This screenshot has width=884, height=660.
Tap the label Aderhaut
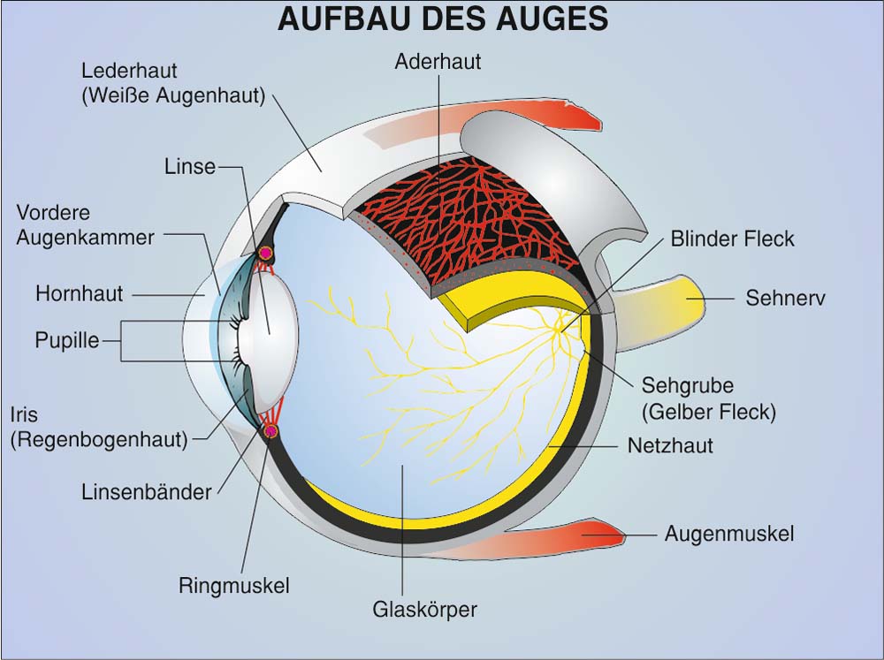click(x=438, y=63)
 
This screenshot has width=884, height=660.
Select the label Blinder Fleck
click(x=732, y=239)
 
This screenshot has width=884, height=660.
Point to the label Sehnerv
click(x=785, y=298)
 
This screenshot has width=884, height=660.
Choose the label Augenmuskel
click(x=728, y=534)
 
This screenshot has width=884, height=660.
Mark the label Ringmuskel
click(x=234, y=585)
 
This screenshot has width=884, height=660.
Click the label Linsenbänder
click(x=146, y=492)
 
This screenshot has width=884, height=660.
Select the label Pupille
click(x=67, y=340)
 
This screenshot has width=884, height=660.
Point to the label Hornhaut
click(x=79, y=293)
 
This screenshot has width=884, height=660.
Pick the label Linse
click(x=190, y=166)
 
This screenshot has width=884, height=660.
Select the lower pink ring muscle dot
click(x=271, y=430)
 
